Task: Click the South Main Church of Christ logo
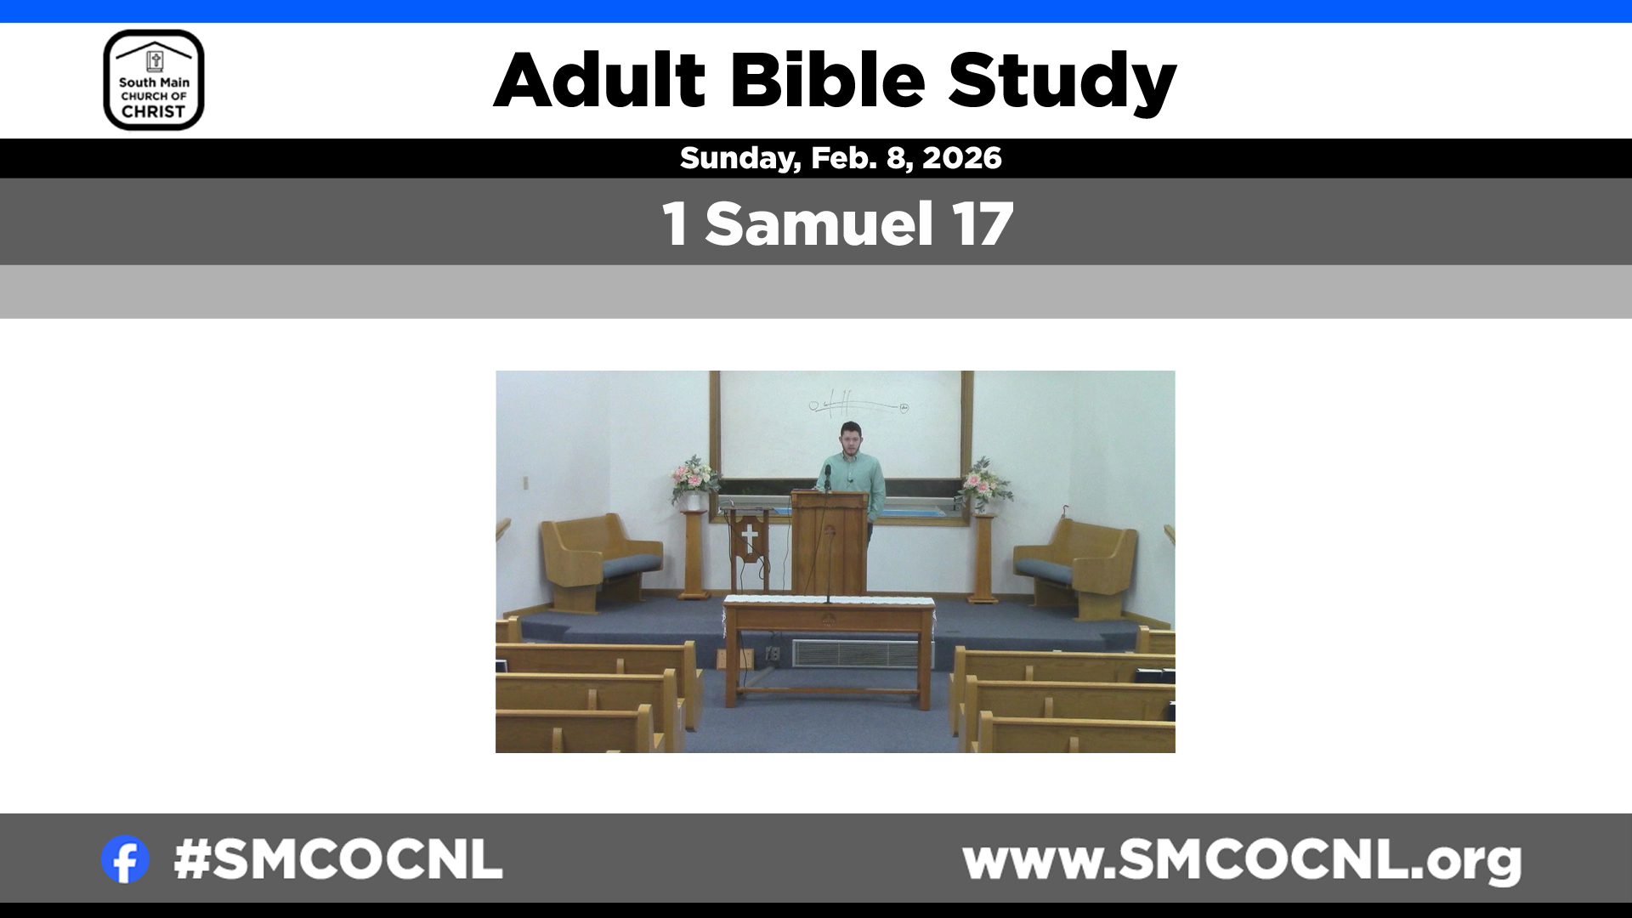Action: (154, 80)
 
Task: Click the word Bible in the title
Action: (827, 80)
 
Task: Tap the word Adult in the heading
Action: (600, 80)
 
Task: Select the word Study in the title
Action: (1062, 82)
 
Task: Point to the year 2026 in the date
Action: (962, 158)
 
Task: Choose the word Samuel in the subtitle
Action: (819, 224)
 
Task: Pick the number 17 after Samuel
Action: (983, 224)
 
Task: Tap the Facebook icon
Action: (125, 859)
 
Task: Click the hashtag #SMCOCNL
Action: (338, 859)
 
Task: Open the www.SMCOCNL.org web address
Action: (1242, 862)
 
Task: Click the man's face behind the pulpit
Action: (850, 439)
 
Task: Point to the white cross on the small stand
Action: (749, 536)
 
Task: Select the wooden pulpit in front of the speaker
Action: (830, 542)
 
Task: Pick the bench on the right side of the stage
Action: (1075, 565)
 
